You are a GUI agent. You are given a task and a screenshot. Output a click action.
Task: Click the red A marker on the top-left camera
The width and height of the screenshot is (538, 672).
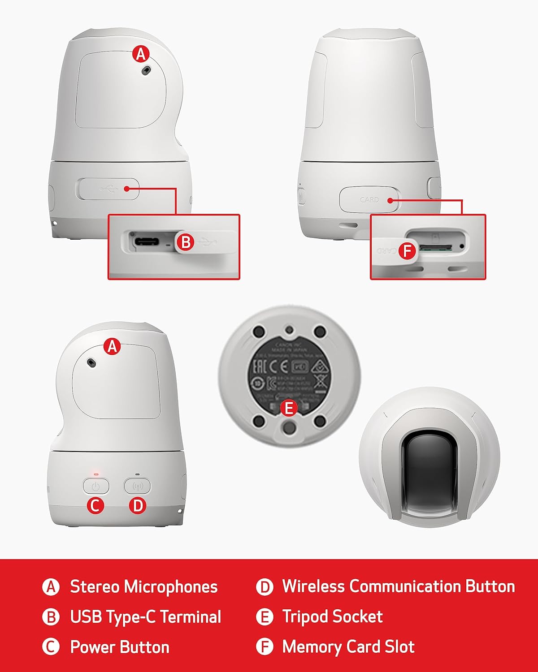click(x=141, y=54)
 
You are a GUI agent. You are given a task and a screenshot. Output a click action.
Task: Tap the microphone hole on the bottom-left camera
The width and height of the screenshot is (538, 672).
click(x=92, y=362)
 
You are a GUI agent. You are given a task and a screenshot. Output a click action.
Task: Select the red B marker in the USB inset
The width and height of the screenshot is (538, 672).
click(x=186, y=242)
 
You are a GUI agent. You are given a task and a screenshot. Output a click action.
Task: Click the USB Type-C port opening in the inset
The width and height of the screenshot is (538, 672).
click(x=146, y=242)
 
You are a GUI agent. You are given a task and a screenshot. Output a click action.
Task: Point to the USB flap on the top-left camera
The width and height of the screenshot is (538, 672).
click(x=108, y=189)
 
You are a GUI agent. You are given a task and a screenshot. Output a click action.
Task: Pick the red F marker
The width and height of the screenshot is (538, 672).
click(x=407, y=250)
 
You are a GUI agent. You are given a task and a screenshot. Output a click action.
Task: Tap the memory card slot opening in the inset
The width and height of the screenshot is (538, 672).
click(x=435, y=247)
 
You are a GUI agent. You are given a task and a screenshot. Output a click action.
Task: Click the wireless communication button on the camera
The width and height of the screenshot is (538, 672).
click(x=137, y=486)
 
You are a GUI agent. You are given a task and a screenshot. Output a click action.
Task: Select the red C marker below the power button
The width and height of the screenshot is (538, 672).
click(x=95, y=506)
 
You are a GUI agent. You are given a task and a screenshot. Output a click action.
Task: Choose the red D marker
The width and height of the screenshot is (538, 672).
click(x=137, y=506)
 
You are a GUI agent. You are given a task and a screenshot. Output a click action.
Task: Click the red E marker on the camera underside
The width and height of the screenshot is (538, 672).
click(x=289, y=408)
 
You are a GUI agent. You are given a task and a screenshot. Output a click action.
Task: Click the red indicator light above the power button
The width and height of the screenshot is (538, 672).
click(x=95, y=474)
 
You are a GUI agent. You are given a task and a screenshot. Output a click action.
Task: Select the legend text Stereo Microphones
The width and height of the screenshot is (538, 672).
click(x=143, y=587)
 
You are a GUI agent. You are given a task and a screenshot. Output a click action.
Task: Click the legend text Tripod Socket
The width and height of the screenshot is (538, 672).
click(x=332, y=617)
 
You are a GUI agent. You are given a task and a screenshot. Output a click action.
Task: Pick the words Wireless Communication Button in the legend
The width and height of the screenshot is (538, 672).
click(x=398, y=586)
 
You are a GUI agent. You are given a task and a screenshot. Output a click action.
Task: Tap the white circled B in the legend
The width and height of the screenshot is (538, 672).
click(x=51, y=617)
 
